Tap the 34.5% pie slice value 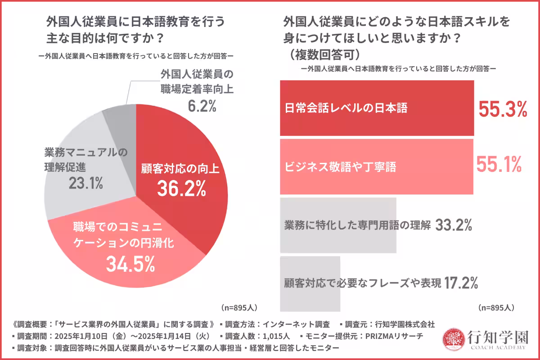130,264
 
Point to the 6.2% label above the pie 202,106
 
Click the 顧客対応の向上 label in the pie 181,170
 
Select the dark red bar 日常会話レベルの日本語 377,108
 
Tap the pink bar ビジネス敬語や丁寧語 377,166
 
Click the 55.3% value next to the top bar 502,109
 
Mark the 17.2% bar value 460,283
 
